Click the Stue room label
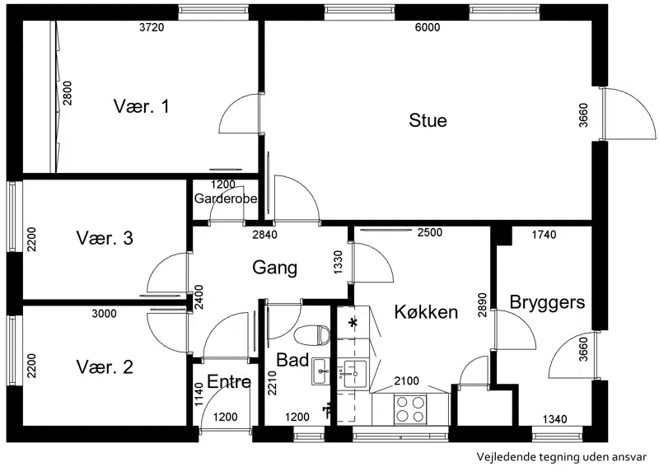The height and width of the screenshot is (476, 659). point(428,120)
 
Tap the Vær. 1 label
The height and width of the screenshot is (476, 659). point(141,106)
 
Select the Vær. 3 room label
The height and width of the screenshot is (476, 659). point(105,238)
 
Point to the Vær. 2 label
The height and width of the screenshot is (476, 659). point(105,366)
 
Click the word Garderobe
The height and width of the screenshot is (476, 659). point(226,198)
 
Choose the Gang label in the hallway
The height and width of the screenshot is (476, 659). point(275,268)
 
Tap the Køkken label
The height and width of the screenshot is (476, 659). point(426,312)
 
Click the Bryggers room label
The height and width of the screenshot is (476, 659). point(547,302)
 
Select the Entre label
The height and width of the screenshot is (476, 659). point(229,381)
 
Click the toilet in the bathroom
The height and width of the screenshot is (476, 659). point(312,335)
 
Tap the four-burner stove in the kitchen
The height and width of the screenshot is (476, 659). point(410,409)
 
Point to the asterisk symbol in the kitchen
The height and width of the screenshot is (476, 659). point(353,323)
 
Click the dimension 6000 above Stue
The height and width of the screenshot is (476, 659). point(427,27)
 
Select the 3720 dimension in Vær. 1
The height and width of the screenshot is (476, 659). point(152,28)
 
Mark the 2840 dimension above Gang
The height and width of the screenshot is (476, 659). point(264,235)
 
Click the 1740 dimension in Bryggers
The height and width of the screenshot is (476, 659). point(544,235)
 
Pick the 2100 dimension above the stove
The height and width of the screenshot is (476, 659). point(406,380)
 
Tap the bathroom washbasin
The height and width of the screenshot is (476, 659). point(320,371)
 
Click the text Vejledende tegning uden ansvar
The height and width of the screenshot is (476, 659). point(562,457)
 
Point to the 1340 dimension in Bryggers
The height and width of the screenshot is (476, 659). point(554,419)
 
